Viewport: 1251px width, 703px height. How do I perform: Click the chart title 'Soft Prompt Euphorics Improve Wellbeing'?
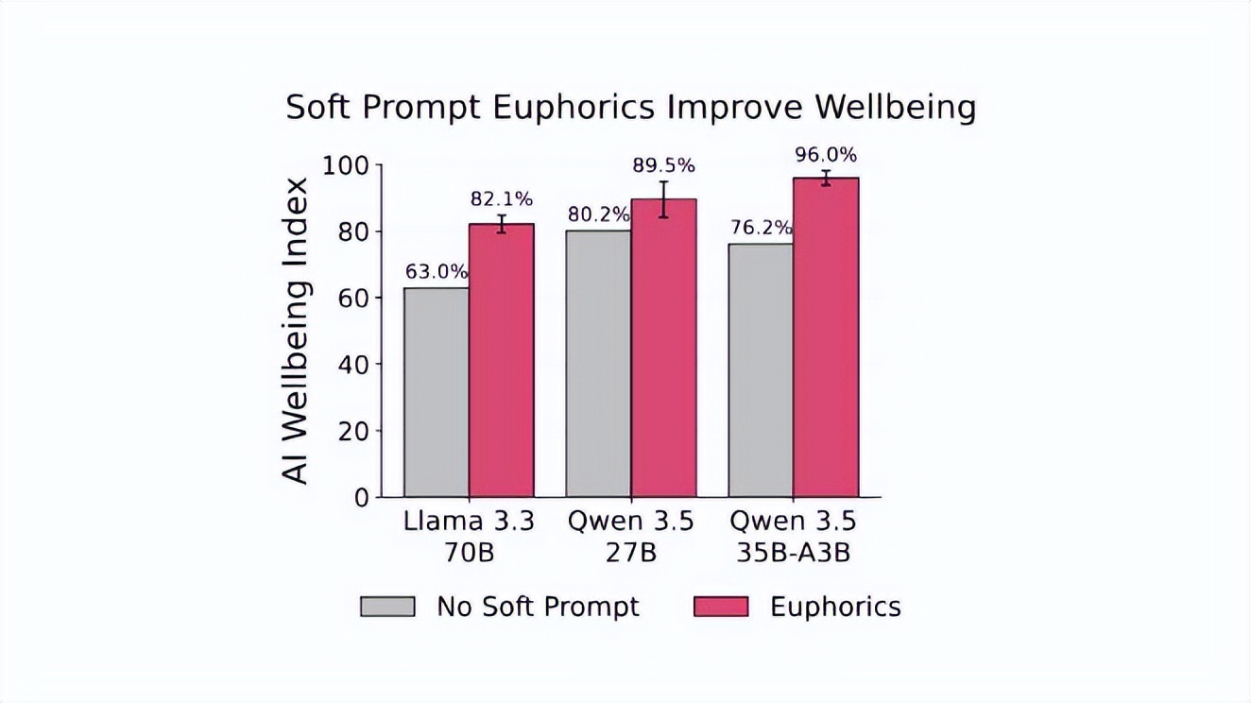click(x=631, y=107)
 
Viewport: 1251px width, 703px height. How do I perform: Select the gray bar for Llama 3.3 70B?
click(x=437, y=392)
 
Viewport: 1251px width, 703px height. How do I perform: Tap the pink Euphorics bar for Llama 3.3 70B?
click(x=502, y=360)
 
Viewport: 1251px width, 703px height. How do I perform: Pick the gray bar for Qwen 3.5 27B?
click(x=599, y=364)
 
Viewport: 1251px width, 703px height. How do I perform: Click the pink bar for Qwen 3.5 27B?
click(x=663, y=348)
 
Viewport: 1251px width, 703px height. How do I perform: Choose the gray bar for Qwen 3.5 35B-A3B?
click(x=761, y=370)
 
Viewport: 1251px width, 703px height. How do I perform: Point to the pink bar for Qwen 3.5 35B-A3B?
click(x=826, y=337)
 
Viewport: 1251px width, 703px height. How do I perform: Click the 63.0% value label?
click(x=437, y=272)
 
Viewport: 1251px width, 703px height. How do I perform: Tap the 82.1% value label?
click(x=502, y=199)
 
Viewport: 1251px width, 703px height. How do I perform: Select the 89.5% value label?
click(x=663, y=166)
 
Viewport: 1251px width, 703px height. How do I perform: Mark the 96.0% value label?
click(x=826, y=155)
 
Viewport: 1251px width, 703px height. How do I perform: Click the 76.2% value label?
click(x=762, y=228)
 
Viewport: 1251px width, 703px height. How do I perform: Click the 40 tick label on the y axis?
click(x=353, y=365)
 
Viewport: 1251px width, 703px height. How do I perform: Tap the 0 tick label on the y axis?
click(x=362, y=498)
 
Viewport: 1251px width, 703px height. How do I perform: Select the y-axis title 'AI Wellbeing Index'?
click(x=294, y=331)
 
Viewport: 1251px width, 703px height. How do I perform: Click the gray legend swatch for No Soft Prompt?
click(x=387, y=607)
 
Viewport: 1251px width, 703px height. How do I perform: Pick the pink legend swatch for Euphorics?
click(x=721, y=607)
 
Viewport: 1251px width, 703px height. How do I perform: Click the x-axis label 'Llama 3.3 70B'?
click(x=469, y=537)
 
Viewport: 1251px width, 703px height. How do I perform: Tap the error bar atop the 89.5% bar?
click(x=663, y=199)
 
